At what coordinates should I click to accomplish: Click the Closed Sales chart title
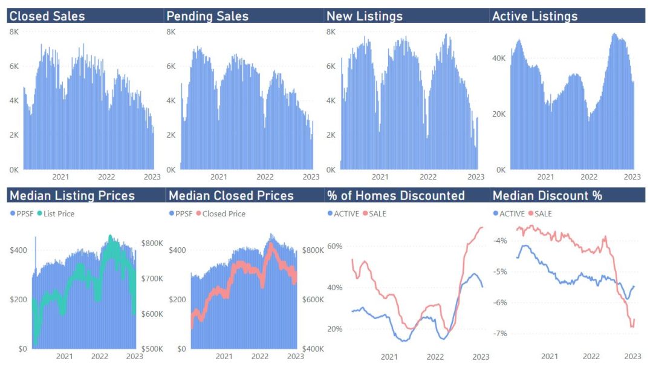pos(47,16)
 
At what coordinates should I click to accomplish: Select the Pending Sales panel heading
pos(207,16)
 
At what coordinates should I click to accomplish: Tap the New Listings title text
pos(365,16)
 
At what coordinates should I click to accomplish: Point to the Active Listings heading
pos(535,16)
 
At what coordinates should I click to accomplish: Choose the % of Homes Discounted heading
pos(395,196)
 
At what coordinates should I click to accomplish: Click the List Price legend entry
pos(57,213)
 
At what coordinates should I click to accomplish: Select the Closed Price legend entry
pos(224,213)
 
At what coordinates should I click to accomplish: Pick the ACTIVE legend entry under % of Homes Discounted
pos(346,213)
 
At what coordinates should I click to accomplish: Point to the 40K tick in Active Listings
pos(499,58)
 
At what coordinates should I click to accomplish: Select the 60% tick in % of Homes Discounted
pos(335,247)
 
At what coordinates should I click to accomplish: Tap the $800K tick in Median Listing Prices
pos(152,243)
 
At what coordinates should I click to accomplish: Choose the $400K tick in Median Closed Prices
pos(312,349)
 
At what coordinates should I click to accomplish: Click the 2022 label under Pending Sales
pos(265,177)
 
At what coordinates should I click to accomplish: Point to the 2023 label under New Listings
pos(476,177)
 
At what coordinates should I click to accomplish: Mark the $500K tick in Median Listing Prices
pos(152,349)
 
